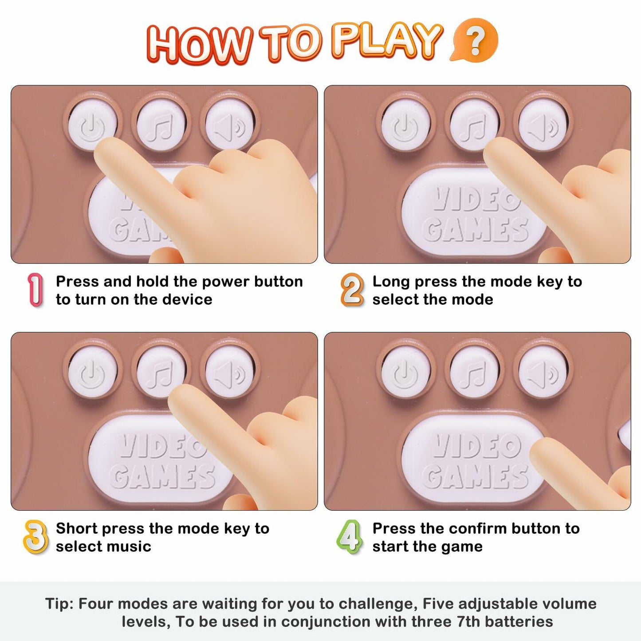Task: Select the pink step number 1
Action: pos(35,290)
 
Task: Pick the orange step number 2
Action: pos(352,290)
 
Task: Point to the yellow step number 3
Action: pos(35,537)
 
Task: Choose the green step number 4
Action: pos(349,537)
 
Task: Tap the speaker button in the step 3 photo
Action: pos(229,372)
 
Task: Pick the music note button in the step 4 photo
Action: pos(475,372)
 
